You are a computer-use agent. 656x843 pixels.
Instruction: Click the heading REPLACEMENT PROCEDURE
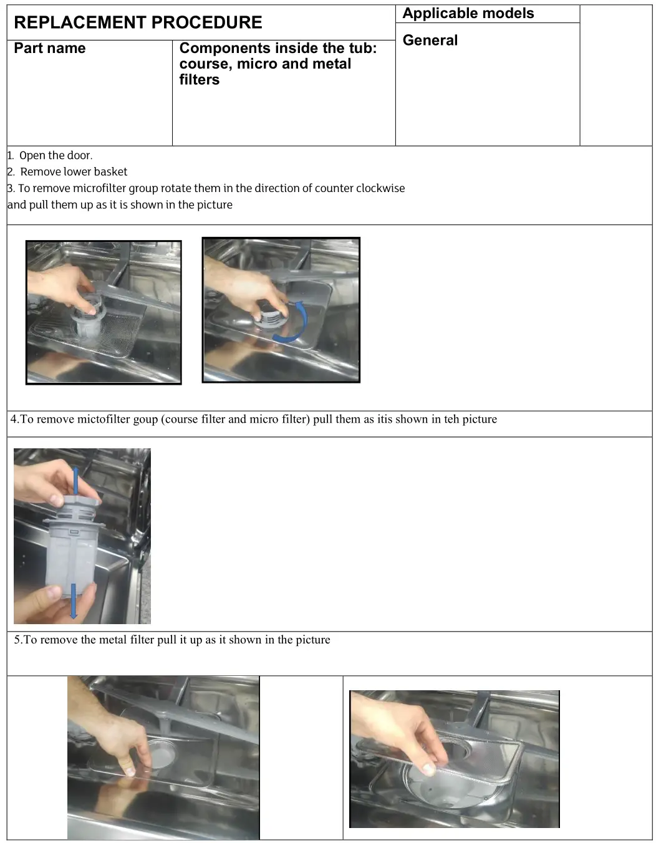(138, 22)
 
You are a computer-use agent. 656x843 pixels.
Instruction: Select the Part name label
(50, 49)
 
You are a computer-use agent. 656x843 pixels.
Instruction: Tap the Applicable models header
(468, 14)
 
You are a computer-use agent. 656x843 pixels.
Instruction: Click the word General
(430, 41)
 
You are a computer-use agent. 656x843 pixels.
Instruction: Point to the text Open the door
(55, 156)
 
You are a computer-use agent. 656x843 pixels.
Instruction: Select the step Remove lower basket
(74, 172)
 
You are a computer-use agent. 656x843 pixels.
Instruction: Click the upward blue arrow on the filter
(76, 481)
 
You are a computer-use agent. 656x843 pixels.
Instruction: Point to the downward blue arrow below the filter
(74, 601)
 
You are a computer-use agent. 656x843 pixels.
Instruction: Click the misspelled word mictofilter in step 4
(104, 420)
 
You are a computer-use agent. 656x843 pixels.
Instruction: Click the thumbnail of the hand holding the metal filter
(454, 759)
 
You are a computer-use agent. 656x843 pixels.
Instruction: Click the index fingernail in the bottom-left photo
(129, 771)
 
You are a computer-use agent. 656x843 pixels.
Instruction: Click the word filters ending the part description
(199, 80)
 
